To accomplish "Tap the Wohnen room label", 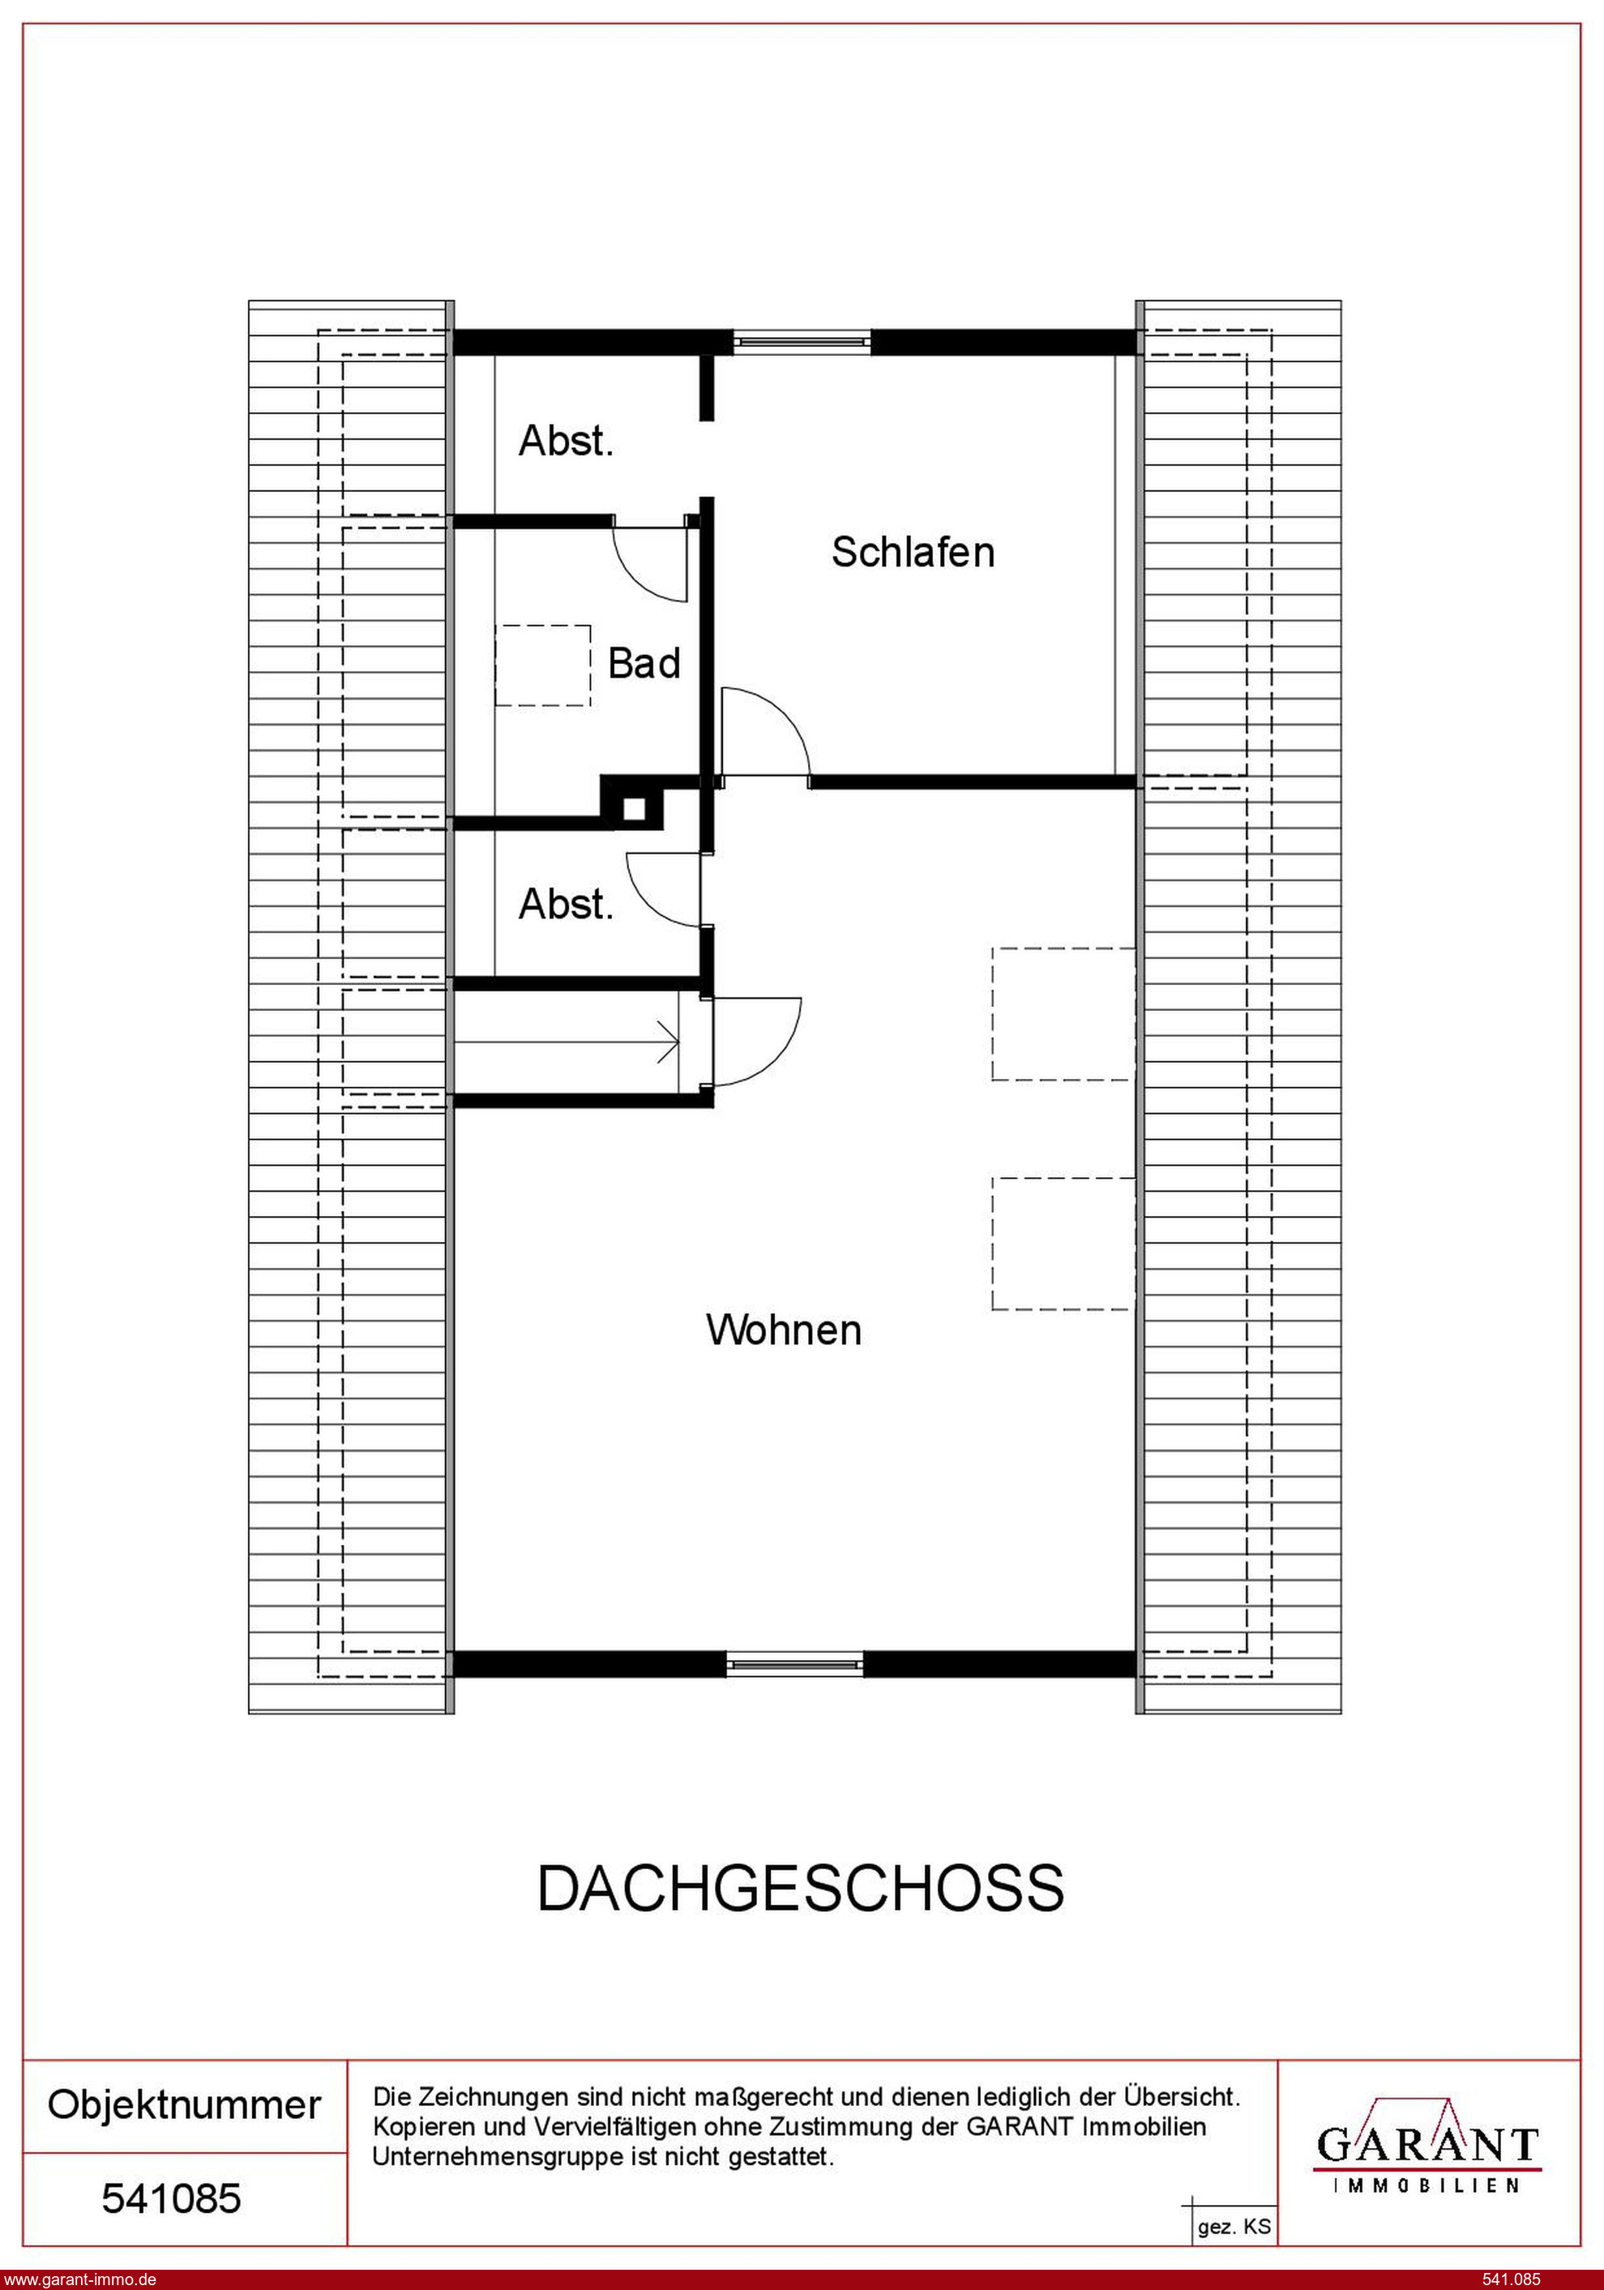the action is point(784,1330).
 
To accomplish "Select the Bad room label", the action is point(644,664).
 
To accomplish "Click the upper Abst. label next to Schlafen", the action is point(566,441).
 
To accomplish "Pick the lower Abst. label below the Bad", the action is point(566,905).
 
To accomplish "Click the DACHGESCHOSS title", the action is point(801,1888).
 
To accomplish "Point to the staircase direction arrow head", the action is point(670,1043).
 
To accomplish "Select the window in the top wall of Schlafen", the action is point(802,342).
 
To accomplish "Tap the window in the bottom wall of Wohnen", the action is point(794,1663).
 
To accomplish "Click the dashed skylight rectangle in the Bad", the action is point(543,666).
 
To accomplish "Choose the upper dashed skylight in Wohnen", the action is point(1063,1013).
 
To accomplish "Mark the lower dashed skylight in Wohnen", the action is point(1063,1243).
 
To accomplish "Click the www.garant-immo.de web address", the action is point(79,2279).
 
